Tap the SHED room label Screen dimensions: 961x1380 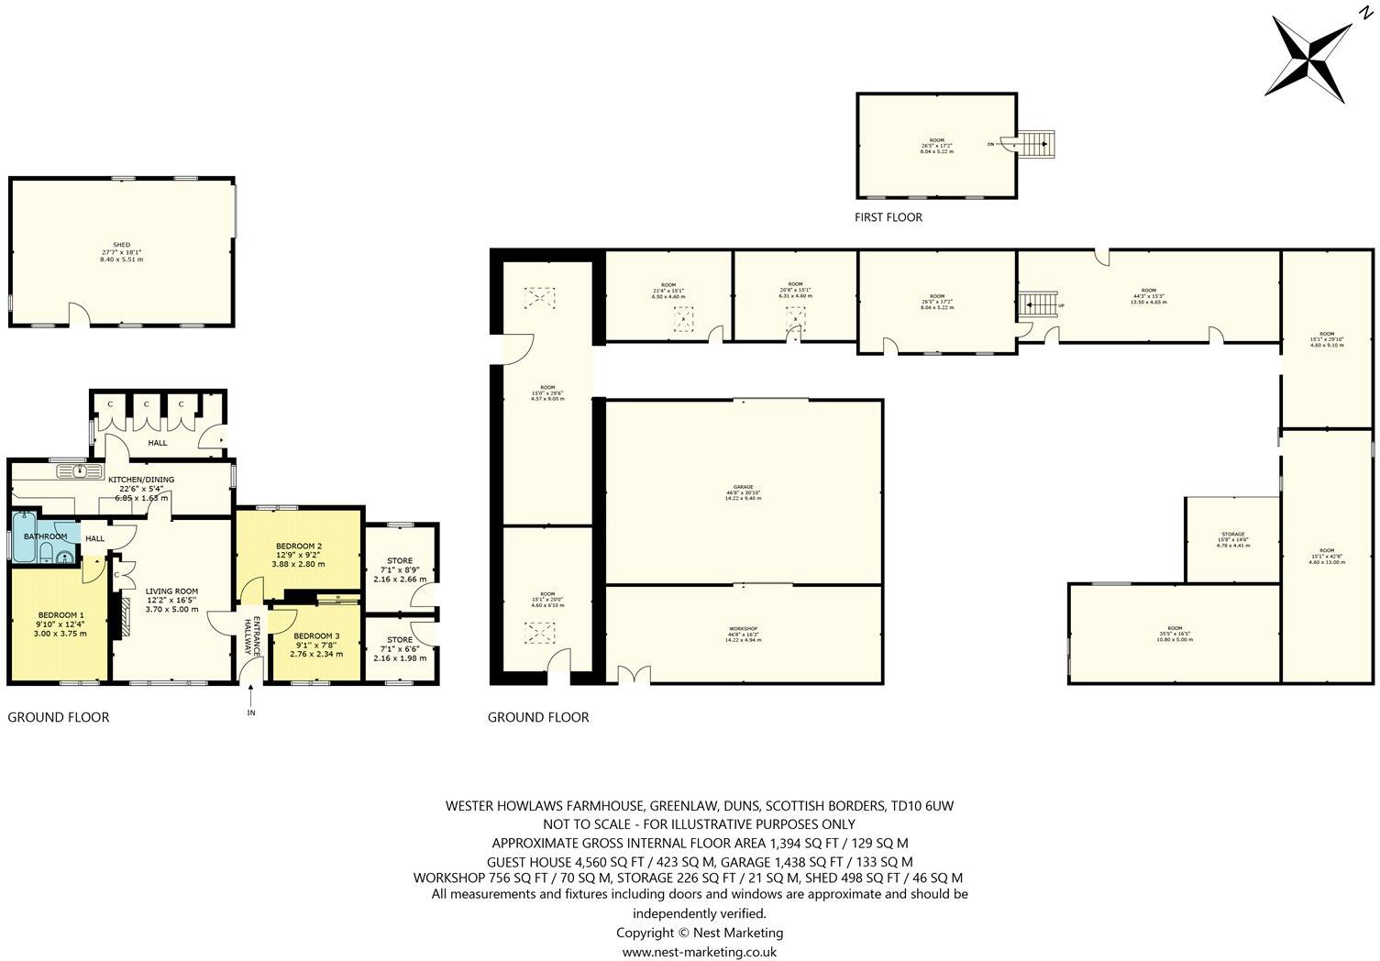121,246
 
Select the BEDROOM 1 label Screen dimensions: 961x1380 61,615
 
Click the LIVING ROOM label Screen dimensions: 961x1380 171,591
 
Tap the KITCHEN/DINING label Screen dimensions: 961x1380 141,480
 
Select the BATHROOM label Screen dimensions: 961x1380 45,536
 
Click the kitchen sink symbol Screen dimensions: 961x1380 81,472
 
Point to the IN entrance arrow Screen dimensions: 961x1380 250,706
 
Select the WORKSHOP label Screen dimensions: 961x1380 743,631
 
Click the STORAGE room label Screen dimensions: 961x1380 1232,535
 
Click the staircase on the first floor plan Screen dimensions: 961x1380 1035,144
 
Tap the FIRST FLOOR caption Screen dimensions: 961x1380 888,218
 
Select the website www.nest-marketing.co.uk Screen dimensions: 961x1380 700,952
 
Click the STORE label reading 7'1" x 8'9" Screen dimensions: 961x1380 400,560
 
